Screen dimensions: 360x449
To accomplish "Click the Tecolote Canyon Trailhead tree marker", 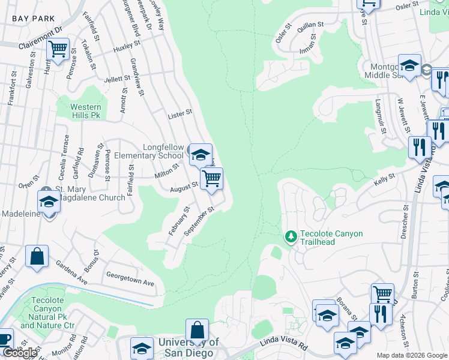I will coord(291,236).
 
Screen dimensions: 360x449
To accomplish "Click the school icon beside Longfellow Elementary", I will coord(199,154).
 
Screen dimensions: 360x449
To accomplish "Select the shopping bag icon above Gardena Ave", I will coord(37,257).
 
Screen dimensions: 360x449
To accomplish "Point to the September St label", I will coord(199,221).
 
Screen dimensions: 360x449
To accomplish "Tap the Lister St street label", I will coord(180,112).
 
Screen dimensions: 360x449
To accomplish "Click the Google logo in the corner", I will coord(20,353).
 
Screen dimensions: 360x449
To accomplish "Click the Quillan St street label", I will coord(310,25).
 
